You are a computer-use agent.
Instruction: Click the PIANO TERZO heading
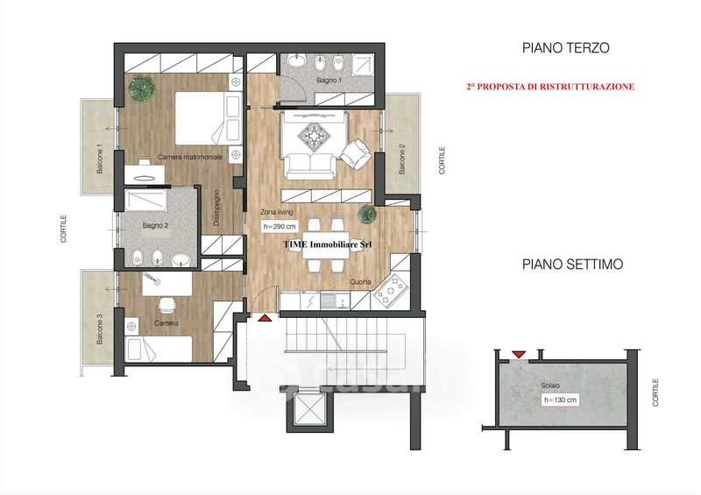click(x=565, y=48)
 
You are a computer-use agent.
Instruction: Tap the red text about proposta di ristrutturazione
click(x=550, y=87)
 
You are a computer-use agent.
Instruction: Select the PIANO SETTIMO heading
click(x=572, y=264)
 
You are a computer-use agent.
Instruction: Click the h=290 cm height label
click(x=280, y=227)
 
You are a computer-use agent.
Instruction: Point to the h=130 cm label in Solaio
click(x=560, y=400)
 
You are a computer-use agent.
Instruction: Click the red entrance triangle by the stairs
click(x=265, y=318)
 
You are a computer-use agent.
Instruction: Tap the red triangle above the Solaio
click(x=519, y=354)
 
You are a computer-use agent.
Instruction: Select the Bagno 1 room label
click(x=329, y=81)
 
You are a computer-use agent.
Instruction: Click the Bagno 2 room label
click(x=156, y=225)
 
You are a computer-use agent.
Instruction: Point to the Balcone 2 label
click(x=402, y=159)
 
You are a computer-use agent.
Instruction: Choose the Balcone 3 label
click(x=100, y=329)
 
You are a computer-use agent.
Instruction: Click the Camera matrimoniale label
click(x=190, y=157)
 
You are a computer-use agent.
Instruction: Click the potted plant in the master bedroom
click(x=141, y=88)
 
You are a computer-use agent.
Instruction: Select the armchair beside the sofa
click(x=356, y=154)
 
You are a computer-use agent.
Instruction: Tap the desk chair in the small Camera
click(x=167, y=305)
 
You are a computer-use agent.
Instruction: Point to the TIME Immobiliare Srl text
click(x=328, y=244)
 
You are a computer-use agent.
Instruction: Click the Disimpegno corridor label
click(x=216, y=208)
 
